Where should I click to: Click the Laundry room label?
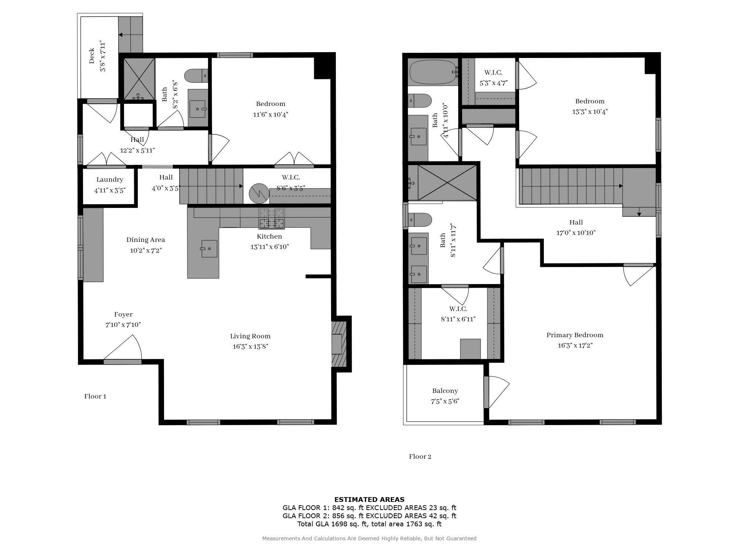pos(110,180)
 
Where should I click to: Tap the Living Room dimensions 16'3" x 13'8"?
pos(250,346)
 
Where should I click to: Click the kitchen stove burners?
pos(272,219)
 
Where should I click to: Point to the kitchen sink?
pos(209,249)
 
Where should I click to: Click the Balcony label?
pos(445,391)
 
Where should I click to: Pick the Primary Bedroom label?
pos(575,335)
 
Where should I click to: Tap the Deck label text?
pos(92,56)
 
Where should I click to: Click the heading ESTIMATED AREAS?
pos(369,500)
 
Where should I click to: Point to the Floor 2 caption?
pos(420,456)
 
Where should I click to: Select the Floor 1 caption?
pos(95,396)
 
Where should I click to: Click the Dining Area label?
pos(146,240)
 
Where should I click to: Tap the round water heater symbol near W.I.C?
pos(258,193)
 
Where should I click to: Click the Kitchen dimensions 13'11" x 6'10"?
pos(269,247)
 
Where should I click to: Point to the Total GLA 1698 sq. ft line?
pos(369,524)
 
